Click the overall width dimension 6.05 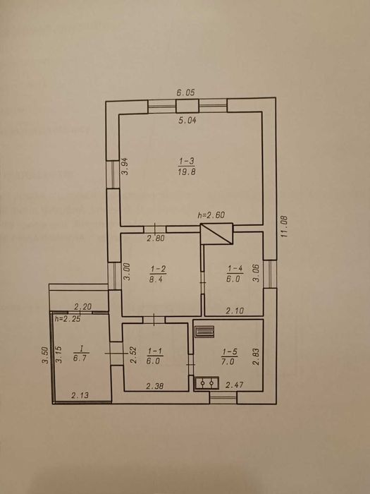click(185, 92)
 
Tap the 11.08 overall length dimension click(285, 227)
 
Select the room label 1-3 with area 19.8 click(187, 167)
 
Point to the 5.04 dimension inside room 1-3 click(187, 120)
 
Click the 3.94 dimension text click(125, 166)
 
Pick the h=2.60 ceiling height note click(211, 215)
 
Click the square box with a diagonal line click(217, 234)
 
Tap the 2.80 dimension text click(156, 239)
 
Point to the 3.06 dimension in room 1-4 click(256, 273)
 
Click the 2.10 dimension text click(235, 311)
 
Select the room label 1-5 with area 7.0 click(229, 356)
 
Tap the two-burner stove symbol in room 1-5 click(206, 383)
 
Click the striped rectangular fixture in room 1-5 click(204, 332)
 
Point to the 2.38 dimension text click(155, 385)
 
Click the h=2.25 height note click(67, 318)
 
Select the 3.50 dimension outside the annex click(45, 356)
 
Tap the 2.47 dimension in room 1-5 click(235, 385)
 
